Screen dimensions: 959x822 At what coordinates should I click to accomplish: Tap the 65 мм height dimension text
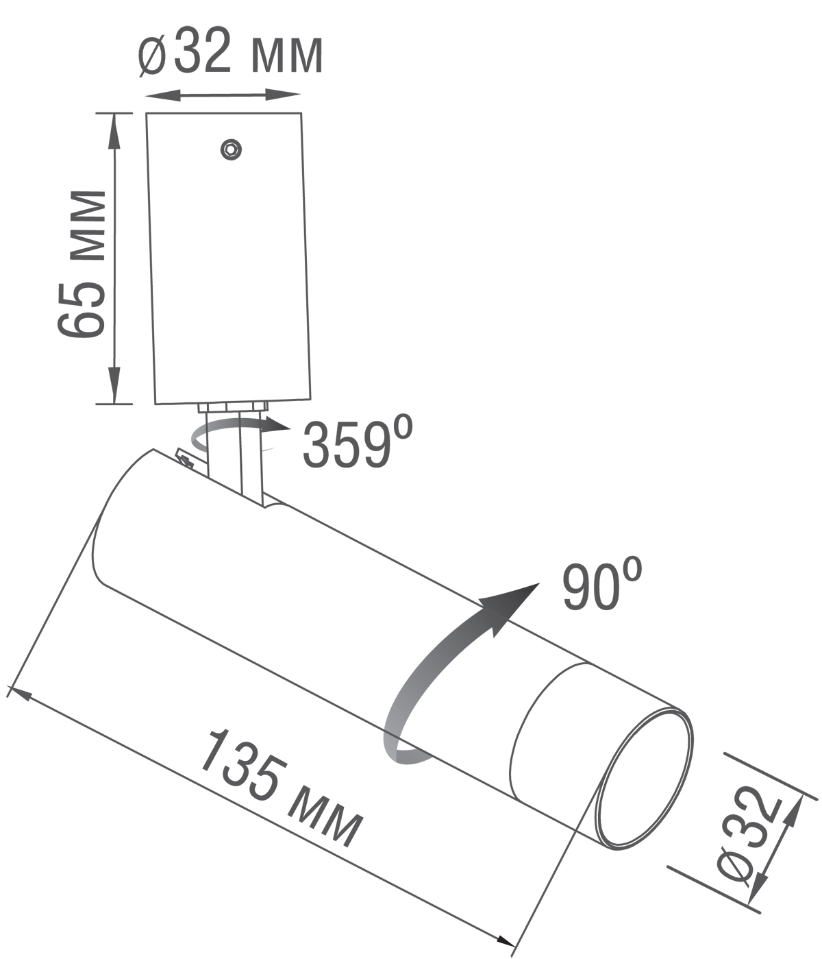tap(82, 264)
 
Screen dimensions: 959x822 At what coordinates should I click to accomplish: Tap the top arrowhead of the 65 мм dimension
tap(114, 130)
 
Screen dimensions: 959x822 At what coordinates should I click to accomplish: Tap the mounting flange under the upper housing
tap(232, 407)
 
